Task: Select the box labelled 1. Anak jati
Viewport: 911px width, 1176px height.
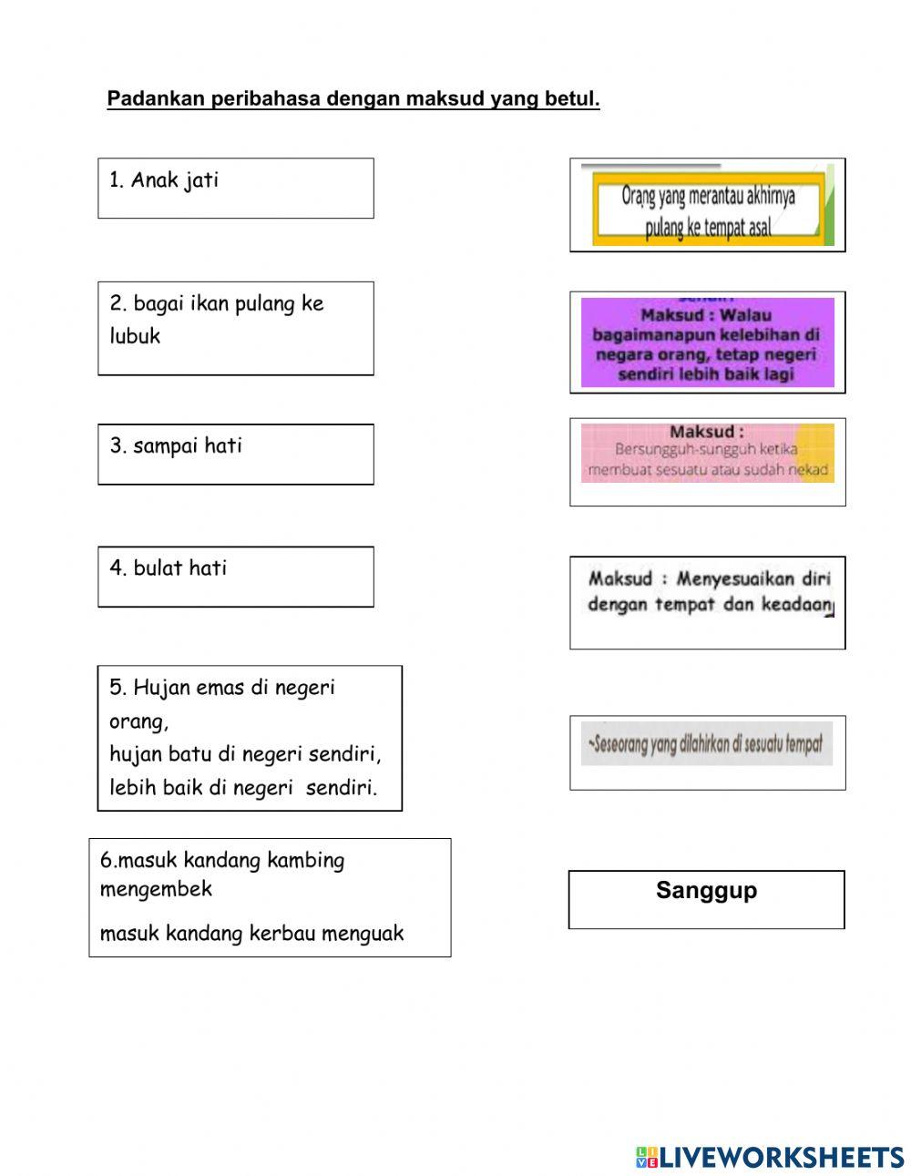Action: point(235,188)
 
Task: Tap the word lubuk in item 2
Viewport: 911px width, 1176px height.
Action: point(135,336)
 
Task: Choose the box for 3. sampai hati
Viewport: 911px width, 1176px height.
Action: point(235,454)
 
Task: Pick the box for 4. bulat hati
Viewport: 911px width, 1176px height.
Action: point(235,577)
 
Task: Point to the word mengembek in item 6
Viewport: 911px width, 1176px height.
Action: point(156,889)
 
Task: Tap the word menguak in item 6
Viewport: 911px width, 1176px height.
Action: point(364,934)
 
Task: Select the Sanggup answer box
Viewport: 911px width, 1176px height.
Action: point(706,900)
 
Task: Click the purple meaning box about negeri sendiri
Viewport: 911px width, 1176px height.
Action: point(707,343)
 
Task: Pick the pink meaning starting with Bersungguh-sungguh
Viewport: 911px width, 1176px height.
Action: point(707,453)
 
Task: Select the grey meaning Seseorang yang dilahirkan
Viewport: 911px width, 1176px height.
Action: point(706,745)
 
